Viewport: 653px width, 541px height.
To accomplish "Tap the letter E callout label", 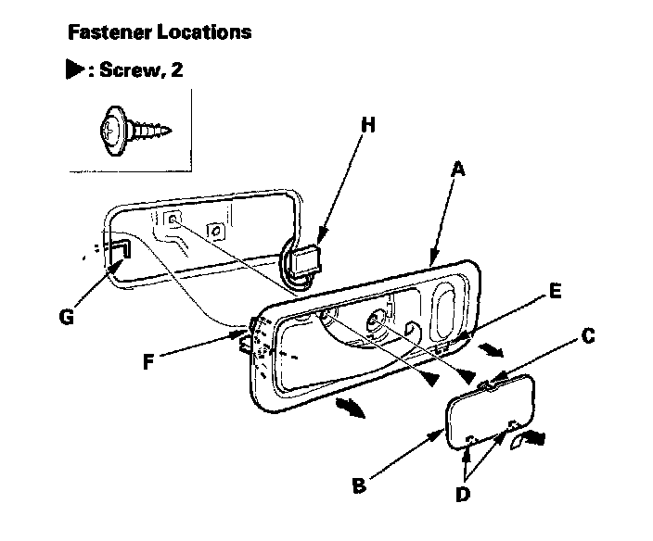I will click(555, 290).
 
